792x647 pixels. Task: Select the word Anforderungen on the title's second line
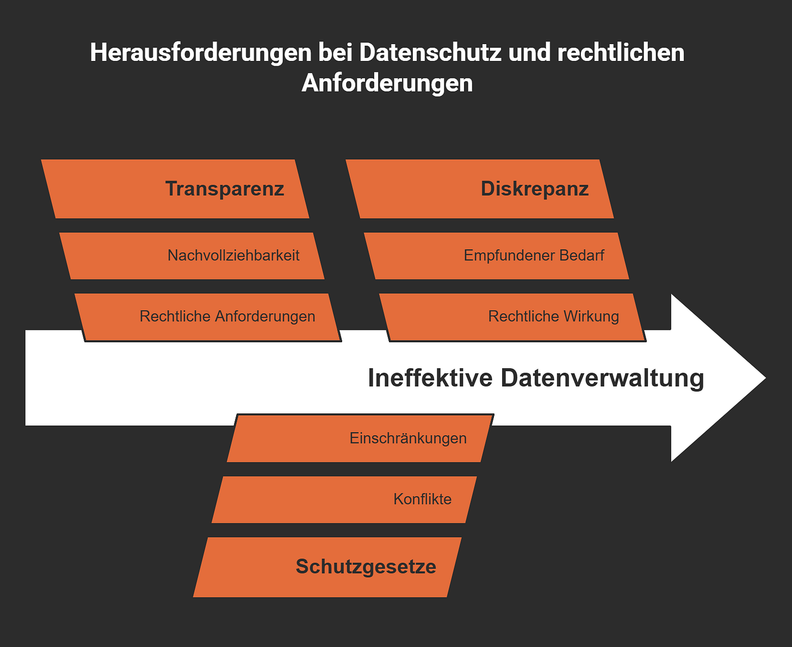(387, 83)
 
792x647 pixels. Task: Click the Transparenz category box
(175, 189)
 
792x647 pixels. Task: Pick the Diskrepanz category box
(480, 189)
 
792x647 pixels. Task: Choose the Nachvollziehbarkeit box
(191, 256)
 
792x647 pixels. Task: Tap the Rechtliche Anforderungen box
(208, 317)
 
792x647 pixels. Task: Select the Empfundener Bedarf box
(496, 256)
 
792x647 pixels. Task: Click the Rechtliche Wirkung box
(512, 317)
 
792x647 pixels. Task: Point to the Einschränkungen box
(360, 439)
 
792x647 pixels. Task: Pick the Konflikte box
(344, 500)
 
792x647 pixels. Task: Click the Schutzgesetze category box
(327, 567)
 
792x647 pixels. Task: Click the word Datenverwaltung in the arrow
(602, 378)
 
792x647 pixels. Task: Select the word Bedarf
(581, 256)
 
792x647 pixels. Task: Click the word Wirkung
(591, 317)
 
